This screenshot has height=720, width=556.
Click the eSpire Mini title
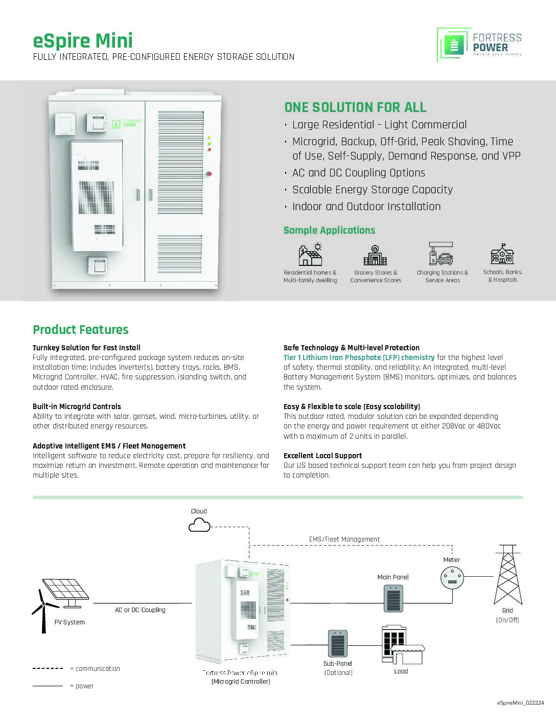(x=83, y=41)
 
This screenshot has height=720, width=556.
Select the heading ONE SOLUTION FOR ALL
(x=355, y=107)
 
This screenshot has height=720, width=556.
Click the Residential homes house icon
(x=310, y=255)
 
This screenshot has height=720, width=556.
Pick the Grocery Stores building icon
(x=376, y=255)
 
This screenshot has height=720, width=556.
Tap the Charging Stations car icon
(x=442, y=254)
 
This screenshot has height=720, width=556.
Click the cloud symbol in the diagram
(x=199, y=525)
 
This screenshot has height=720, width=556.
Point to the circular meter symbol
(x=452, y=578)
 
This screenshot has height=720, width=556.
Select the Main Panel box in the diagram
(x=393, y=598)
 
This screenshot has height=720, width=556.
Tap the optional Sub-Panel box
(x=338, y=643)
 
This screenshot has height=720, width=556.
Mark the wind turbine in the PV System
(x=43, y=610)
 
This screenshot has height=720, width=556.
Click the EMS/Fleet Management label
(x=344, y=539)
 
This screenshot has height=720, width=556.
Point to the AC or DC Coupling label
(x=140, y=610)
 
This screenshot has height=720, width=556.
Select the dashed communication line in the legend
(x=48, y=668)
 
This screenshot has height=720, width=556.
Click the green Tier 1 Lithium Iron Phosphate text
(x=359, y=357)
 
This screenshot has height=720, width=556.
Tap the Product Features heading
(x=81, y=330)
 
